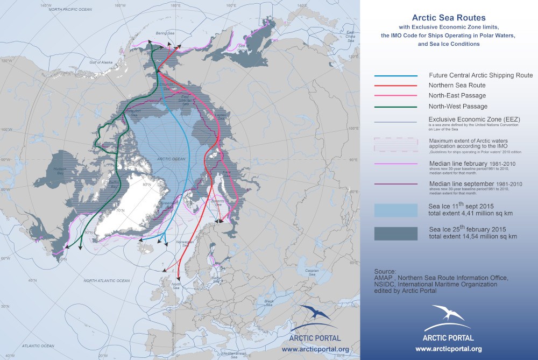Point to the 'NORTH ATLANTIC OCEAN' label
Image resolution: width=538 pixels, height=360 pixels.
tap(107, 281)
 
